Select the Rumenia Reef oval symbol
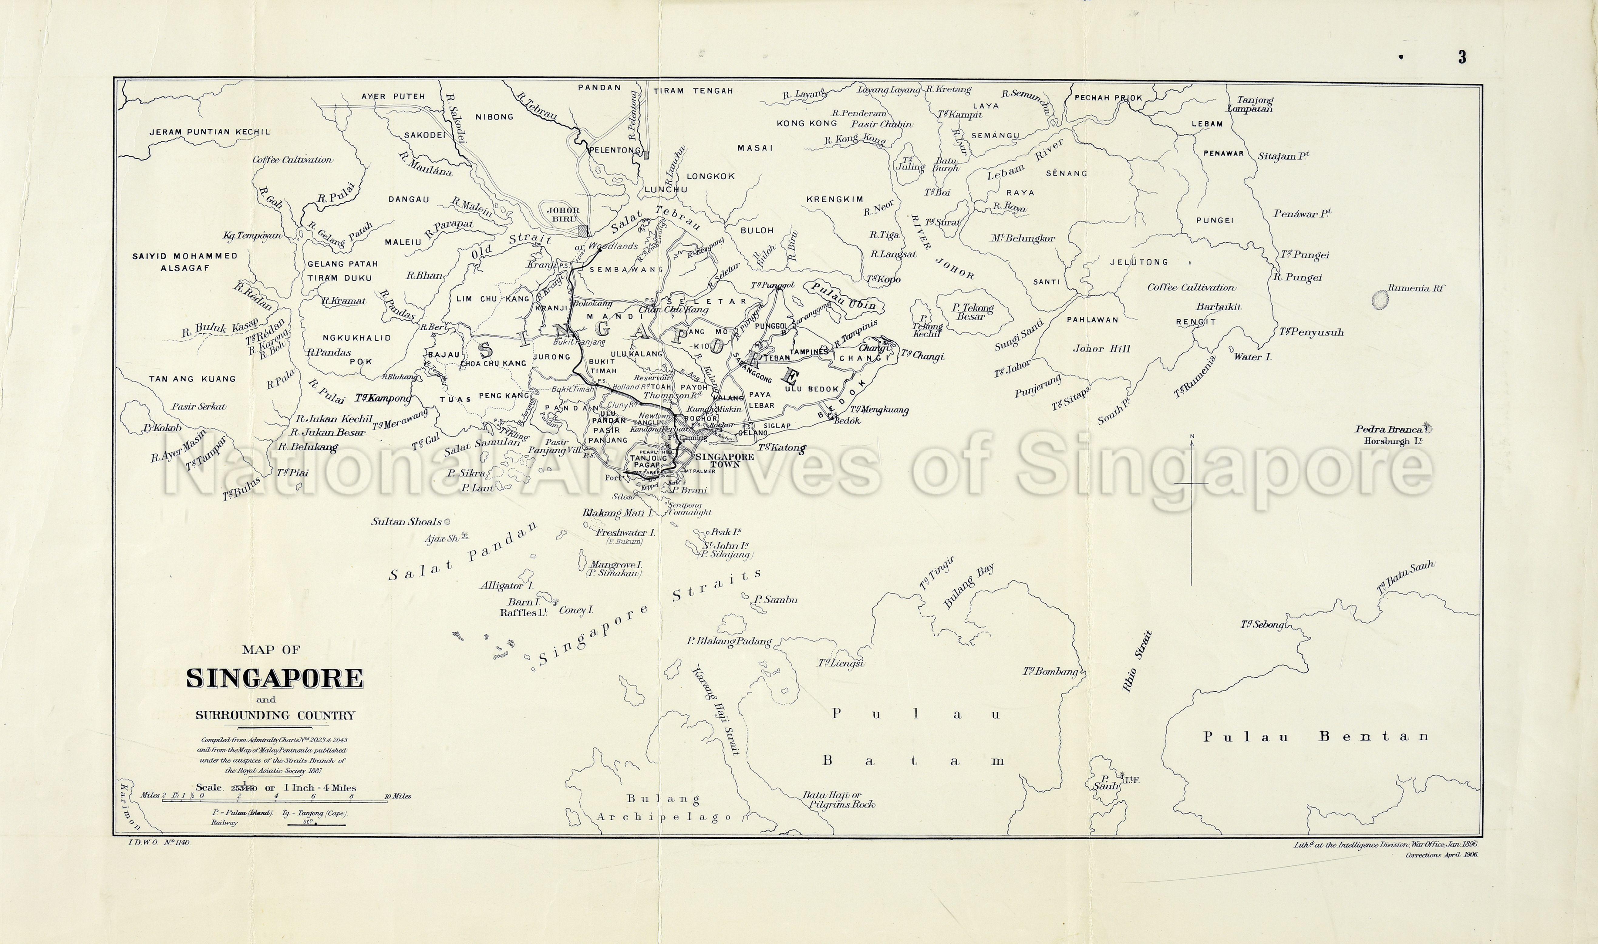1379,298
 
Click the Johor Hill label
1092,349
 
